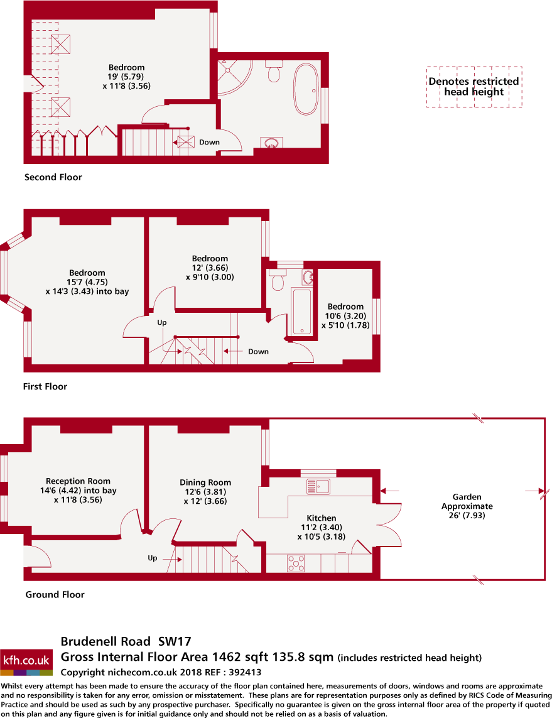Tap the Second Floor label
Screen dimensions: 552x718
(x=53, y=177)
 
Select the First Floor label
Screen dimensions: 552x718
(x=45, y=386)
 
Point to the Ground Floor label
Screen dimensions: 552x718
(x=55, y=594)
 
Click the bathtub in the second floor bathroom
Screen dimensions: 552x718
(x=306, y=89)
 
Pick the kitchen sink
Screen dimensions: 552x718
(x=318, y=486)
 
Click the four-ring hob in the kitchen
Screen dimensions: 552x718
(x=296, y=563)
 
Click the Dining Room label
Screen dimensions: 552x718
(x=205, y=482)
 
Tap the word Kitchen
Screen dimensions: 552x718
(x=322, y=518)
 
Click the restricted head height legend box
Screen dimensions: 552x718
(x=474, y=87)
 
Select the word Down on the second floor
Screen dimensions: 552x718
(x=210, y=142)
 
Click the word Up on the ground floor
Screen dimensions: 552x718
(x=153, y=558)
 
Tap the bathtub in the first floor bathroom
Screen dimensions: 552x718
(x=302, y=311)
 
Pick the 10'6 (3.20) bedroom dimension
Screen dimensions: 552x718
(x=345, y=316)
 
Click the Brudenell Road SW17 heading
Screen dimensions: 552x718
(x=126, y=641)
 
